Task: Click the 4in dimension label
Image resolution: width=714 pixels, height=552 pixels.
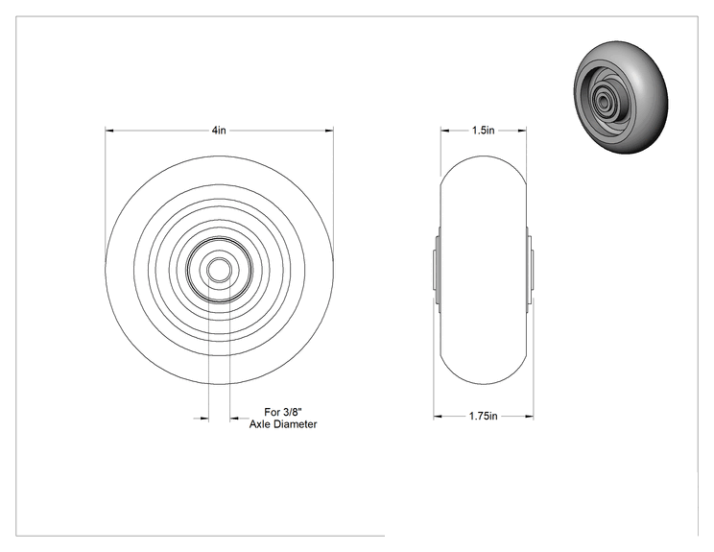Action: [x=219, y=131]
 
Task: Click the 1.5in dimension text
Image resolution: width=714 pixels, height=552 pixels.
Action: [x=483, y=131]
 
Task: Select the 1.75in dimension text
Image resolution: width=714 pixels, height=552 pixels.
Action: [x=483, y=416]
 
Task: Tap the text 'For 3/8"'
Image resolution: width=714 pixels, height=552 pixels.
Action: [x=283, y=412]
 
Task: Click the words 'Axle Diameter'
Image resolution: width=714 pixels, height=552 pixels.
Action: [x=283, y=424]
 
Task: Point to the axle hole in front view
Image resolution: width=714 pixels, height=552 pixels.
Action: [x=219, y=270]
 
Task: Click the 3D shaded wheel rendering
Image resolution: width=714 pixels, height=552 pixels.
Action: [x=621, y=98]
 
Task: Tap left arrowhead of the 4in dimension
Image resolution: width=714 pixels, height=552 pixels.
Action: [x=109, y=131]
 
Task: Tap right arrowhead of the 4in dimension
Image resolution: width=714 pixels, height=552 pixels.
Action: [x=329, y=131]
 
